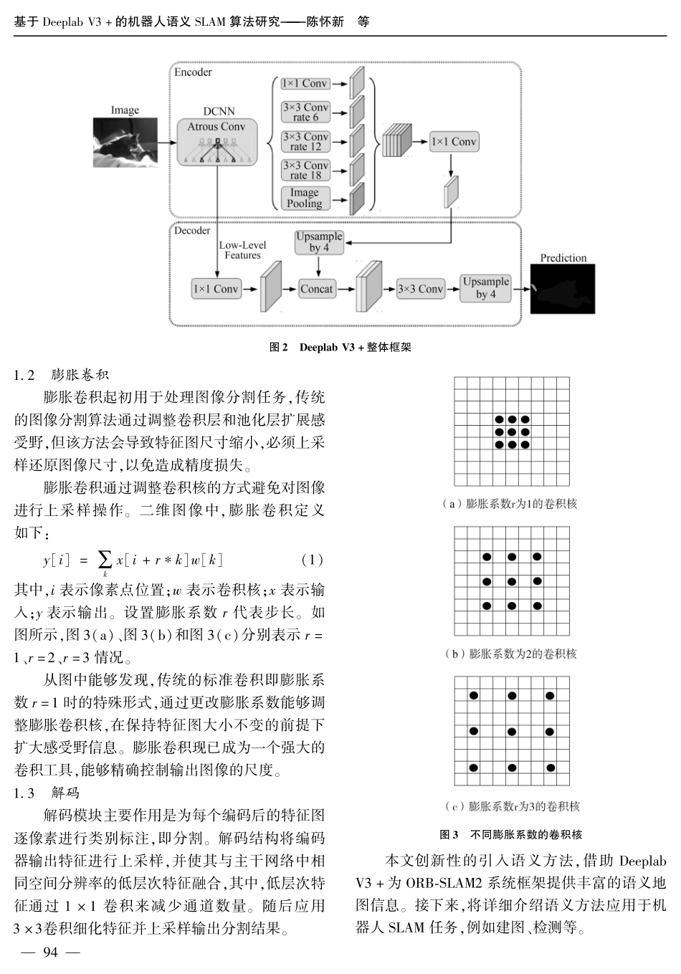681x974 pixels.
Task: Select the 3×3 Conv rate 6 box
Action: [x=305, y=113]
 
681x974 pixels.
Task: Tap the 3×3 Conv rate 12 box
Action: [x=305, y=141]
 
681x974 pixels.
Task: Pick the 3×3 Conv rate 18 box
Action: [x=305, y=170]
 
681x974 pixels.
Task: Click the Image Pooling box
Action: [x=305, y=198]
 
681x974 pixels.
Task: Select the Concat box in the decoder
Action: [x=317, y=289]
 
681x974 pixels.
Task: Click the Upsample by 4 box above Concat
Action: [x=319, y=242]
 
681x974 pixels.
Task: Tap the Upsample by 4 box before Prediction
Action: [x=485, y=288]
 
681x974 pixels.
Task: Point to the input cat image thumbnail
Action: [x=125, y=142]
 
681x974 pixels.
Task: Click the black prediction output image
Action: [x=563, y=289]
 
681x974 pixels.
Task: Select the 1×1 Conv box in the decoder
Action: [x=215, y=289]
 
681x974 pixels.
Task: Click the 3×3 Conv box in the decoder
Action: [x=420, y=289]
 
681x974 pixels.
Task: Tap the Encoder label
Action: [x=193, y=72]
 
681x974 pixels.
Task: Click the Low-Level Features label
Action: [x=242, y=249]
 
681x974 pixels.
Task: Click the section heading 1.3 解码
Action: [x=47, y=793]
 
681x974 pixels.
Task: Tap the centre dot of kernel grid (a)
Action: [x=512, y=432]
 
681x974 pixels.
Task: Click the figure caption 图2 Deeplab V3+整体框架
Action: [x=340, y=348]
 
